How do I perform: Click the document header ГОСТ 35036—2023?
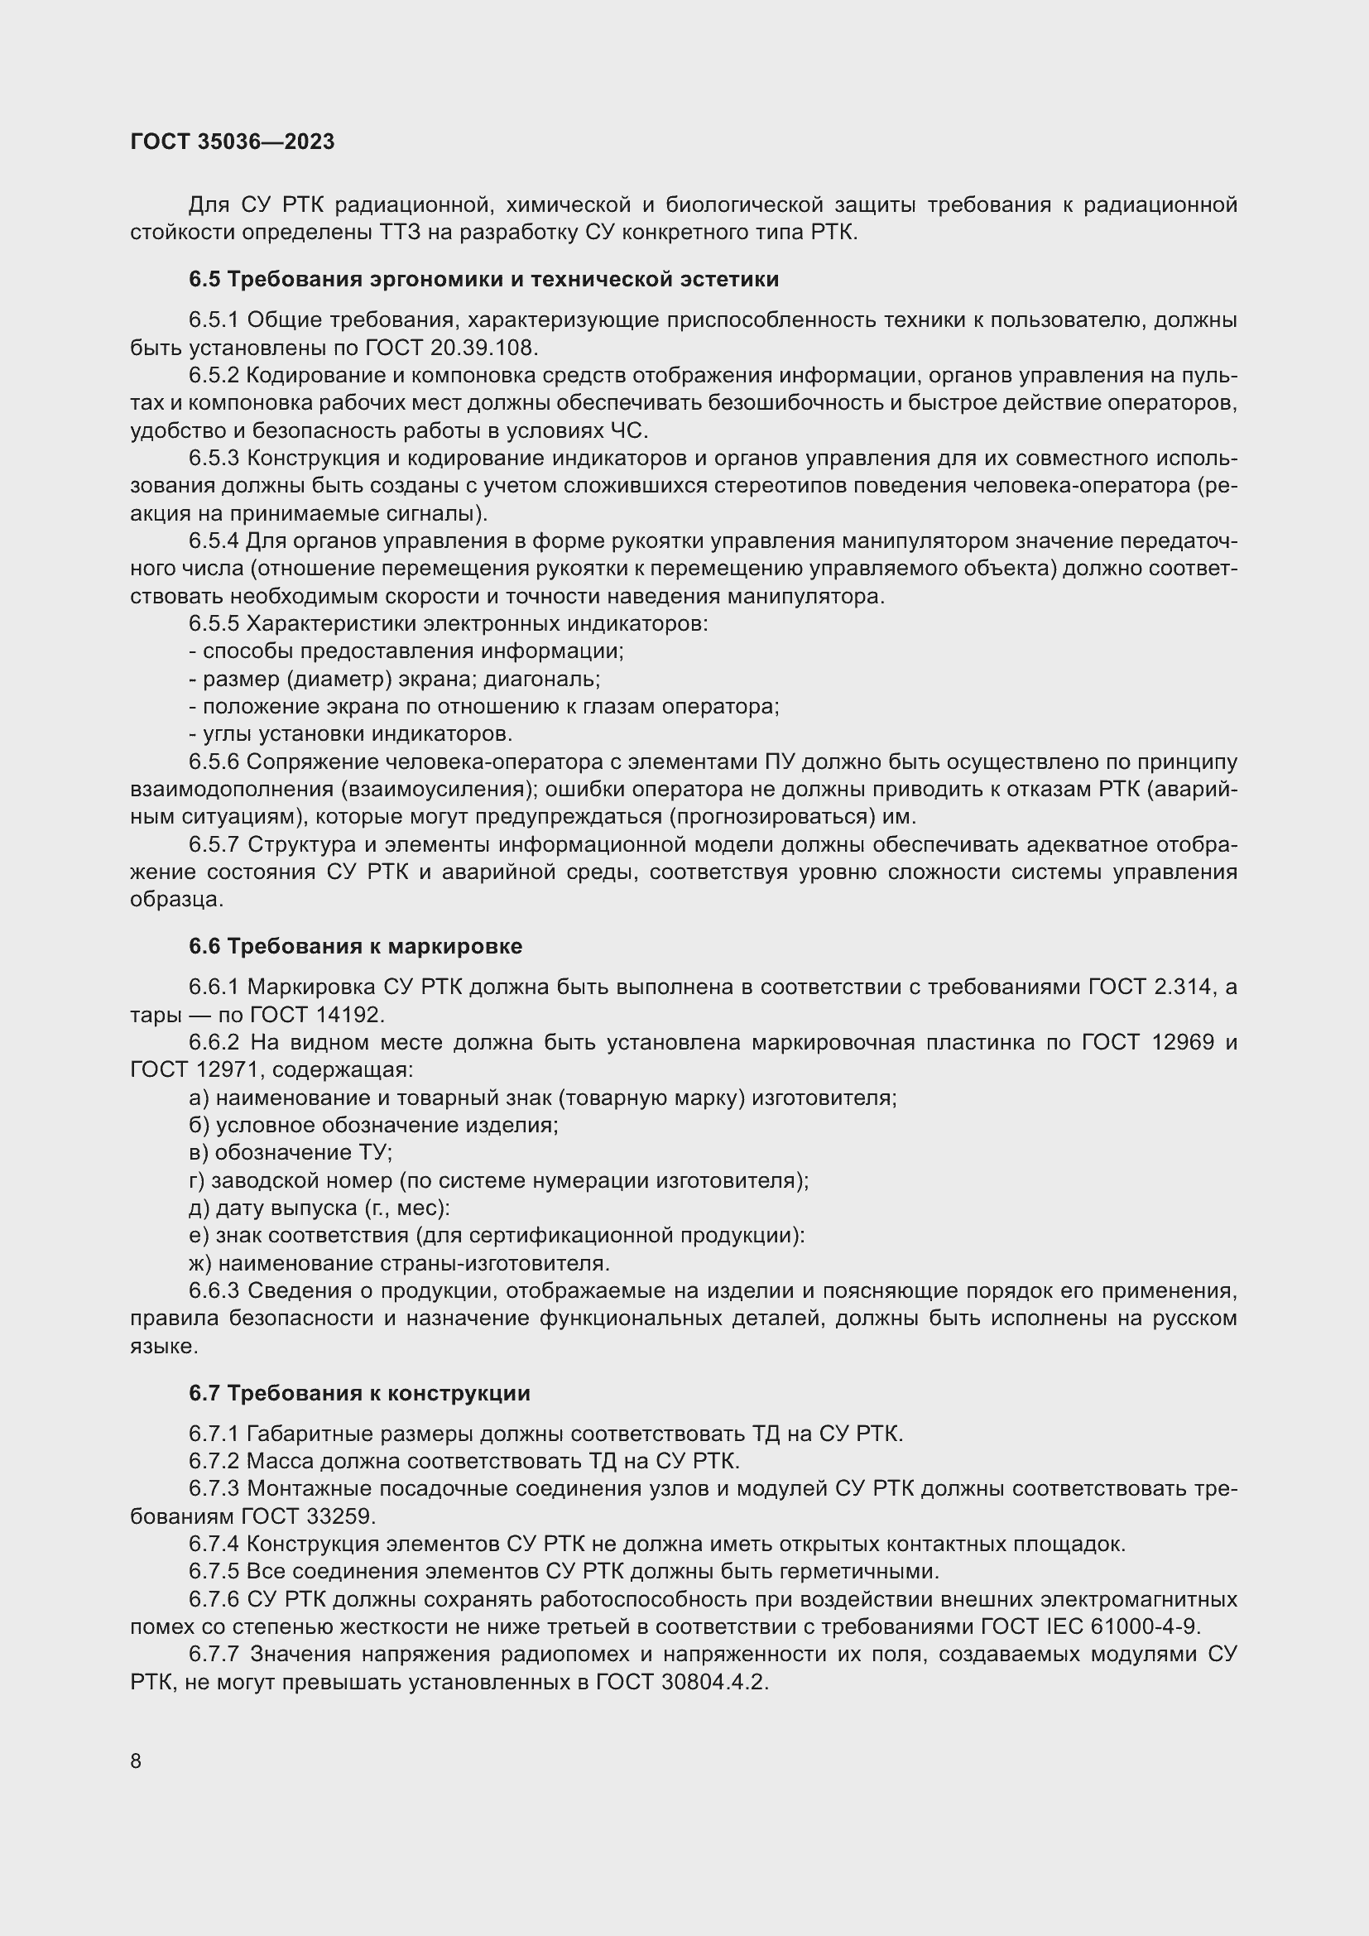[233, 142]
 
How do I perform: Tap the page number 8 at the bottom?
[136, 1761]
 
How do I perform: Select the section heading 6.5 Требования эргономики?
[483, 279]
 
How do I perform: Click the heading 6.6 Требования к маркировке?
[355, 946]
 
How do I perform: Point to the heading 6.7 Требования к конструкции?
[359, 1393]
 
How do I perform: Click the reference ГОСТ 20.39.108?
[451, 348]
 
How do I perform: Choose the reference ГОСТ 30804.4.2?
[682, 1682]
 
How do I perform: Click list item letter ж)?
[200, 1263]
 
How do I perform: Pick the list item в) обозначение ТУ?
[291, 1153]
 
